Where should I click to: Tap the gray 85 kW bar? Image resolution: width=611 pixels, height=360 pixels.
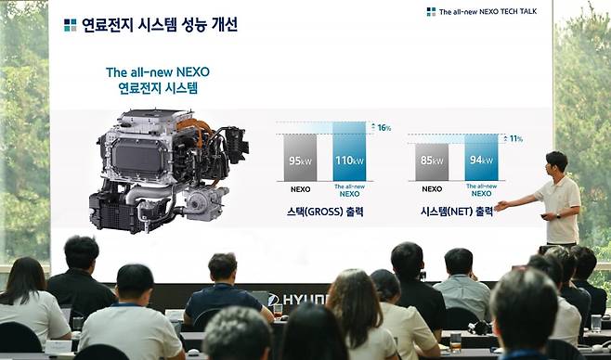tap(432, 161)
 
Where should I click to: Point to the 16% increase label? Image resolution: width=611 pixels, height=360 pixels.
tap(383, 127)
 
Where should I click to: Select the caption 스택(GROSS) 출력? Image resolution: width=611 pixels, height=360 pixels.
tap(324, 212)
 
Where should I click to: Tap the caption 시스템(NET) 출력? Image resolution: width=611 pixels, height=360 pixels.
tap(457, 212)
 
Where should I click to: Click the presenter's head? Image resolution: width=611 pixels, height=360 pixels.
tap(556, 162)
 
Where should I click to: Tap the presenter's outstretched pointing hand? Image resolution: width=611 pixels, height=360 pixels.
tap(500, 205)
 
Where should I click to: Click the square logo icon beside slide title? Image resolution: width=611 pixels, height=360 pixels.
tap(71, 25)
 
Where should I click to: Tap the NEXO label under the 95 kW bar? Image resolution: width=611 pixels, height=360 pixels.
tap(300, 189)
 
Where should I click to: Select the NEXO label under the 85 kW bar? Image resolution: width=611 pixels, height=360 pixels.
tap(432, 189)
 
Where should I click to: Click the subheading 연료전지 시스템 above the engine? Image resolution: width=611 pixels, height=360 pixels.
tap(159, 89)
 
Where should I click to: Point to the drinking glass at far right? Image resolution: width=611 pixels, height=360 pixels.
tap(595, 323)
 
